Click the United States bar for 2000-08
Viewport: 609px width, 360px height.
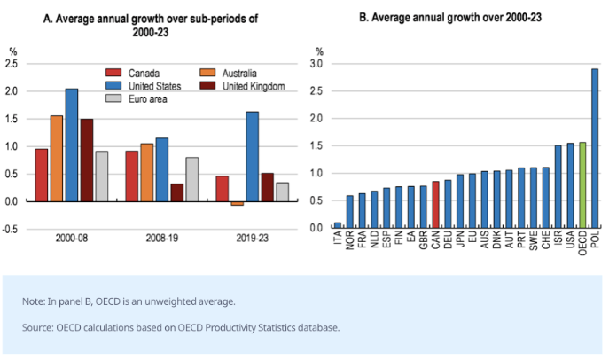(71, 145)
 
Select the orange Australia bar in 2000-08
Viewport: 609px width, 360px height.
(56, 158)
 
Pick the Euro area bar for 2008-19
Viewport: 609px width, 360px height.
(192, 179)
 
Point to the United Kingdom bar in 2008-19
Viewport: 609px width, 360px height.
(177, 192)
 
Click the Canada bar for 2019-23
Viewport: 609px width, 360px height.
(222, 188)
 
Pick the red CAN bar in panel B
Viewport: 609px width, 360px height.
(435, 204)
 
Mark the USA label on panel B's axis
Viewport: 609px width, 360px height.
(570, 242)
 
